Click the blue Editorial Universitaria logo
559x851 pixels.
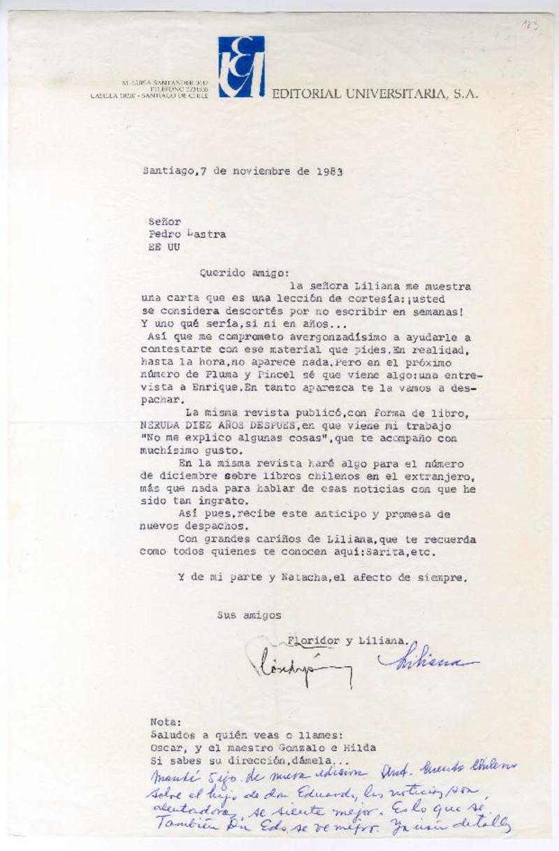coord(241,66)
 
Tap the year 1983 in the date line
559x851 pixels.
coord(329,171)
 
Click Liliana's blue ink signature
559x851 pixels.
coord(426,662)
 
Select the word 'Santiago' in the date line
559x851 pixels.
coord(166,171)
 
